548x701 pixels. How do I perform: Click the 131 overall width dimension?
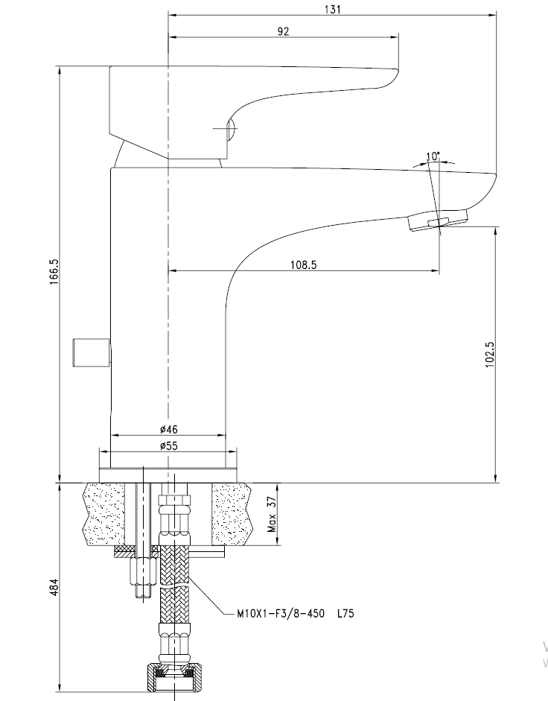[x=333, y=9]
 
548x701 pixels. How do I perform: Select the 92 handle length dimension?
[x=283, y=31]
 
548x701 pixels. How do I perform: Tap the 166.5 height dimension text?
[x=54, y=274]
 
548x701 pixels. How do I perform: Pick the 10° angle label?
[x=433, y=156]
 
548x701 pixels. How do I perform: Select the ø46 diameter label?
[x=168, y=430]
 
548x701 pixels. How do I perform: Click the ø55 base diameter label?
[x=168, y=445]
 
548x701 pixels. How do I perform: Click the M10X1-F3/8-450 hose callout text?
[x=280, y=615]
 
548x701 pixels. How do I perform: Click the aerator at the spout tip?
[x=439, y=220]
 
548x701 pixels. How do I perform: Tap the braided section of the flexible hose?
[x=174, y=581]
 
